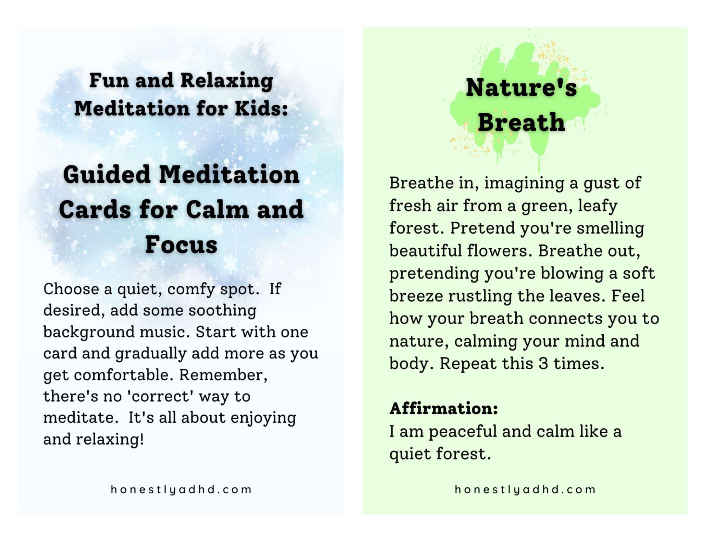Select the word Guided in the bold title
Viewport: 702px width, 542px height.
107,174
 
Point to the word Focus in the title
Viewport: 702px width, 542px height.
181,244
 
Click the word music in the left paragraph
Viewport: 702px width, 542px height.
164,332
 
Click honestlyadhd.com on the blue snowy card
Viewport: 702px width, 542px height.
181,489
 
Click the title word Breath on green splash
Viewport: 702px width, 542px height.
521,122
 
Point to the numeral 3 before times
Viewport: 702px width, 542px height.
543,363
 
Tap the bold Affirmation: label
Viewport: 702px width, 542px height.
444,408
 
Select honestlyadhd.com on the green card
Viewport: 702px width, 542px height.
525,489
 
